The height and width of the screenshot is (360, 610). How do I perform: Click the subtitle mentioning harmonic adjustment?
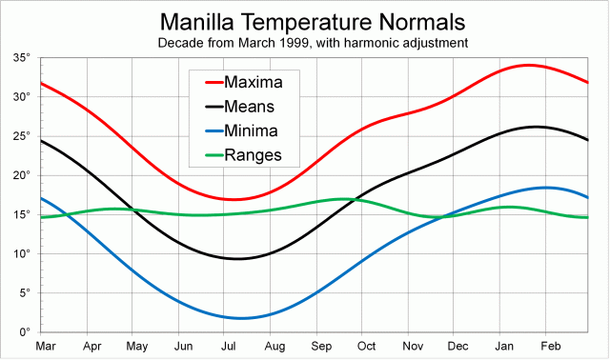coord(314,43)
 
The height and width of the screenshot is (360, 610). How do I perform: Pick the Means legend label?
coord(253,107)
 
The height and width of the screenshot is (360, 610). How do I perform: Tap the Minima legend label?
coord(254,131)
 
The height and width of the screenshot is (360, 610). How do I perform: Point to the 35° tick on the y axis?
coord(22,58)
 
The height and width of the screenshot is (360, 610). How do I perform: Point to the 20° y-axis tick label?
coord(22,175)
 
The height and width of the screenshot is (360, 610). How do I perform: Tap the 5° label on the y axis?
coord(25,293)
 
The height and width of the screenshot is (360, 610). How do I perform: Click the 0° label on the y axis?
coord(25,332)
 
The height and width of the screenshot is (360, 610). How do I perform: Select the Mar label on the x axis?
coord(45,348)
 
